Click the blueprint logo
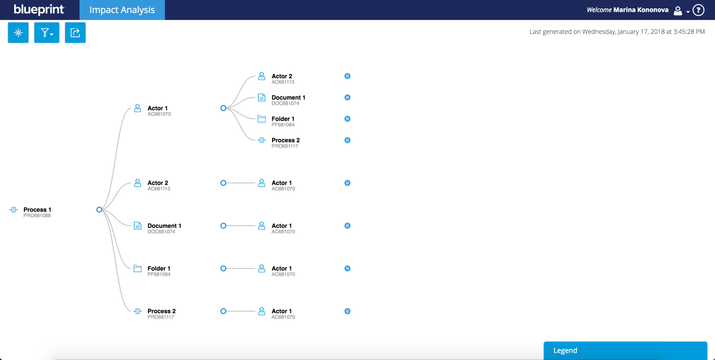click(x=39, y=9)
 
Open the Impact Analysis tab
click(x=122, y=10)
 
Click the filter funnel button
click(x=47, y=33)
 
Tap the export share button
click(x=75, y=33)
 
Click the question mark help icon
click(x=699, y=10)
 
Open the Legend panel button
click(x=625, y=351)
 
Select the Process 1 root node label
click(x=37, y=210)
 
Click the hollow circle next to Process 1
click(x=99, y=210)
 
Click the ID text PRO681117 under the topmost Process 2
click(x=285, y=146)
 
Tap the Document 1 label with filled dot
click(x=288, y=97)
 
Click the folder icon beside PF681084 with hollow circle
click(x=138, y=269)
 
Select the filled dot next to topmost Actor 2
click(x=347, y=76)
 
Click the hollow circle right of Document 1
click(x=223, y=225)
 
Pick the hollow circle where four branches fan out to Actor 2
click(x=223, y=108)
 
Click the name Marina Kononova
click(x=641, y=10)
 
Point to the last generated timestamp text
click(x=617, y=32)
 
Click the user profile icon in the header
click(x=678, y=10)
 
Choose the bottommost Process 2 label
click(x=161, y=311)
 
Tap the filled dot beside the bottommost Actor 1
click(x=347, y=311)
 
